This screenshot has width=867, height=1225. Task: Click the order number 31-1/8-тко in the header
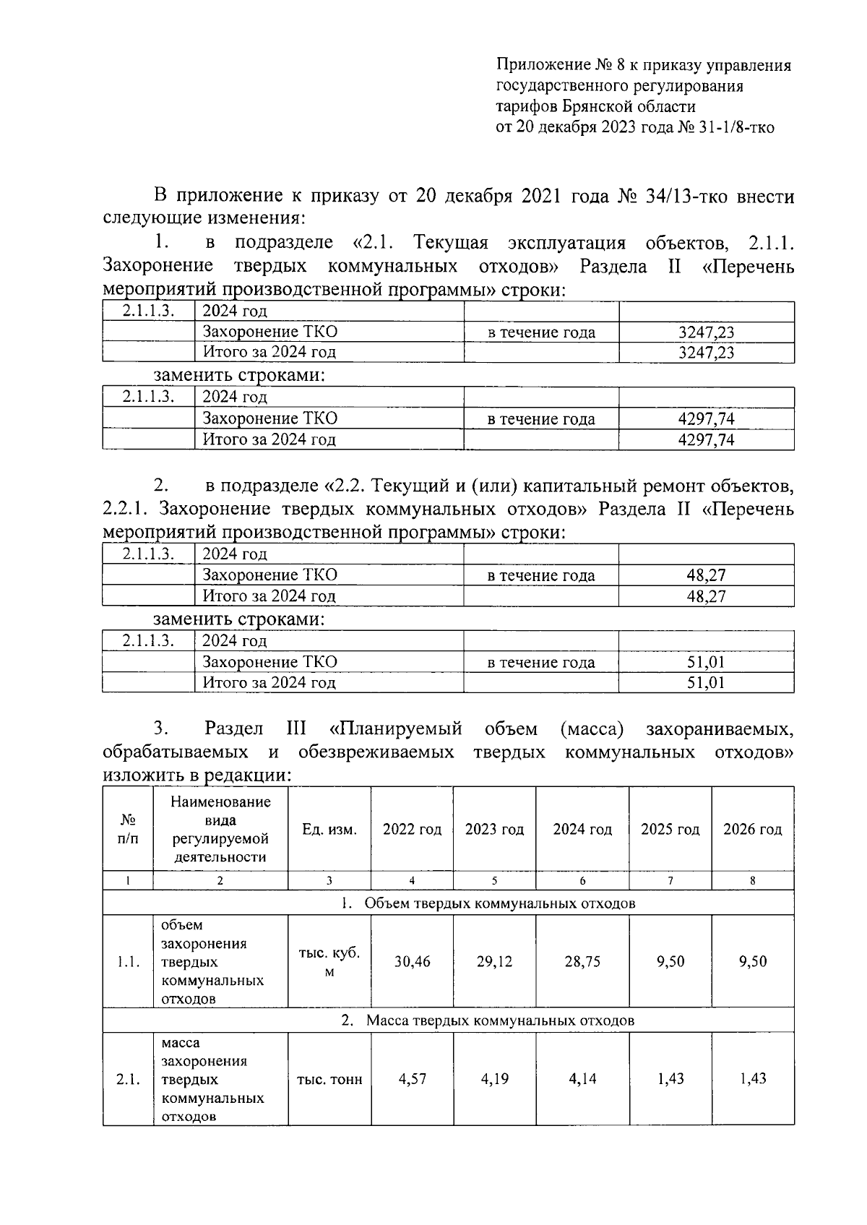737,128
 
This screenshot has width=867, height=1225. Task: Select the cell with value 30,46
412,962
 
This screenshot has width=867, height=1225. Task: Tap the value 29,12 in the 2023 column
494,962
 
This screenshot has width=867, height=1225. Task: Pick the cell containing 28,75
582,962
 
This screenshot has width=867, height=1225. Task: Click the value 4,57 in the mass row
412,1079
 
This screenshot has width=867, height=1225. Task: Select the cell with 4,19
494,1079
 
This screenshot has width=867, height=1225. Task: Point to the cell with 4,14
582,1079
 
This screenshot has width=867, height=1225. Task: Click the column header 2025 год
670,830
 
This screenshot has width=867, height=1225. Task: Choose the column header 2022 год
412,830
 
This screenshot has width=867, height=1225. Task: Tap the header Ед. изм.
329,830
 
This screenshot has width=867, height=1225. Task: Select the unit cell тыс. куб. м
329,962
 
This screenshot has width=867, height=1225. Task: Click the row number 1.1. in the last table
128,962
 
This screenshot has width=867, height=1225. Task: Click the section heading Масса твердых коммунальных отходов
499,1020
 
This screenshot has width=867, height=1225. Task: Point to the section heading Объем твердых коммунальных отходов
499,903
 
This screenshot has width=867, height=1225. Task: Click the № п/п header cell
128,830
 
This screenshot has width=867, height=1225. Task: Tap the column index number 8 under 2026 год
753,880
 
